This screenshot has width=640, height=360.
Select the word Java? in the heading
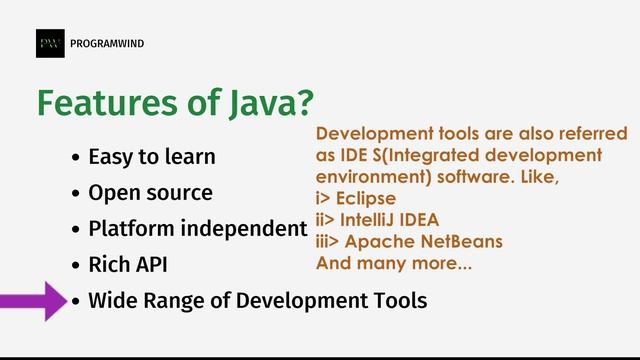click(x=268, y=103)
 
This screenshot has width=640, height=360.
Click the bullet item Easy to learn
click(x=151, y=157)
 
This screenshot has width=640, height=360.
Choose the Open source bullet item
click(x=150, y=192)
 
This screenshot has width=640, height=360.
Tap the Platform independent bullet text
click(x=196, y=228)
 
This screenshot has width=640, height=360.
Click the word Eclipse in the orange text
click(x=366, y=198)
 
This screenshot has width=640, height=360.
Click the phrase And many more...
click(x=394, y=264)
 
